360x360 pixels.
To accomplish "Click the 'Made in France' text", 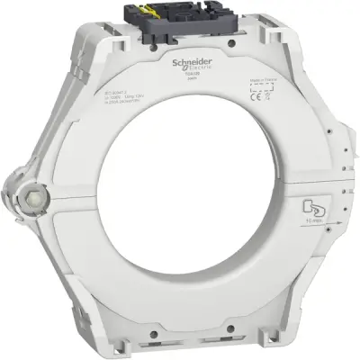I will click(262, 81).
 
